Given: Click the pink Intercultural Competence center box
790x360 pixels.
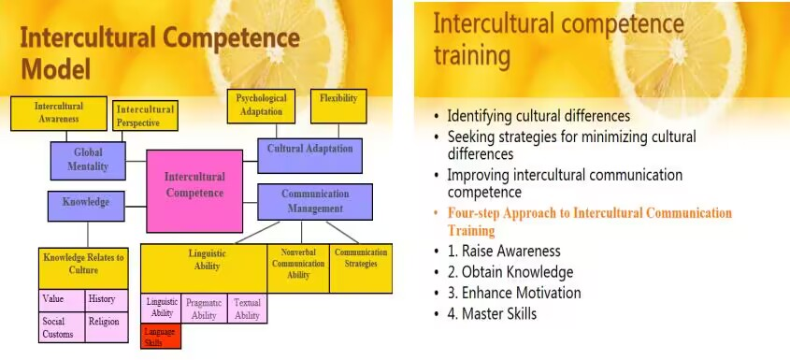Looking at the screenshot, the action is coord(194,191).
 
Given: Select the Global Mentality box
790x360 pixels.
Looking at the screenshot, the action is coord(88,161).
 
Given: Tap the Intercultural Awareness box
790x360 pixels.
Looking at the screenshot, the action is coord(59,113).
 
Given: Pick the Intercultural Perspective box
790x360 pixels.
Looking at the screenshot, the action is coord(145,116).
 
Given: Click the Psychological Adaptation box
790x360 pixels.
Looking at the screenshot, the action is coord(261,106).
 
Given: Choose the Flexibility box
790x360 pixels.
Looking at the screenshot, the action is coord(338,106).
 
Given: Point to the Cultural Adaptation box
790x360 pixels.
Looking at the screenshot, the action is coord(309,156).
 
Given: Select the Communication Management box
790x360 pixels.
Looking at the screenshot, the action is coord(315,202).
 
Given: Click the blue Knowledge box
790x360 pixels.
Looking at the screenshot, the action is coord(86,206).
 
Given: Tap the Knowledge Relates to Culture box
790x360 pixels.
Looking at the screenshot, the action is coord(83,268).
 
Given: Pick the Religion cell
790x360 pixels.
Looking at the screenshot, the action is coord(107,327).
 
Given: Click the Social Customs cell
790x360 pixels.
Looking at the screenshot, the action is coord(62,327).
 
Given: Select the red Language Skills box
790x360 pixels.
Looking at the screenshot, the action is coord(161,337).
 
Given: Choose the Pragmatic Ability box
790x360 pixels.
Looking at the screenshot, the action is coord(204,309).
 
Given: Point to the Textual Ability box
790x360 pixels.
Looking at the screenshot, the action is coord(248,309).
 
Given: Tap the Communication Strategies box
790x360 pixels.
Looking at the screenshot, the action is coord(361,267).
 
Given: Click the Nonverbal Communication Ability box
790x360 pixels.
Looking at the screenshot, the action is coord(298,267).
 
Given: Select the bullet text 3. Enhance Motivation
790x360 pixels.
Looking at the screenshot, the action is coord(514,293).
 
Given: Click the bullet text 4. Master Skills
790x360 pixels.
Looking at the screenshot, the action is coord(493,313).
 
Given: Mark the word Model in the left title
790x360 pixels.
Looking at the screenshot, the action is coord(56,68).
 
